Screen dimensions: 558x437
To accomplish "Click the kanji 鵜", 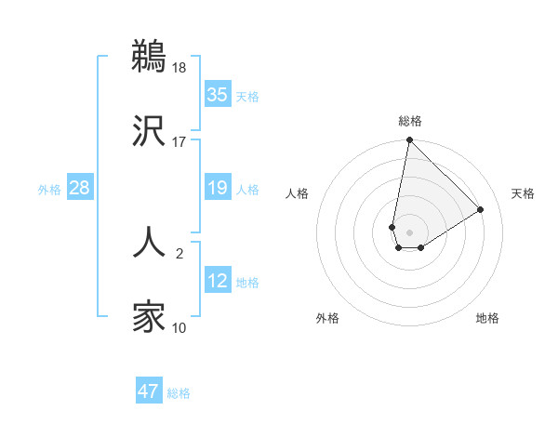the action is click(x=150, y=55).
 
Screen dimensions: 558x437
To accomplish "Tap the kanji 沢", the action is click(x=150, y=131).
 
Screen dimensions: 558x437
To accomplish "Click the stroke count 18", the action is click(x=179, y=67).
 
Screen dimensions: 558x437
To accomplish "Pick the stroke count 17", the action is click(x=179, y=142).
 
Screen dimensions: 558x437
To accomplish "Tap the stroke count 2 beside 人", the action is click(x=179, y=251).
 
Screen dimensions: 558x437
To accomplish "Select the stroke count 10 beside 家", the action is click(x=179, y=327).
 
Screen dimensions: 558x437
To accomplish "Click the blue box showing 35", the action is click(x=218, y=95).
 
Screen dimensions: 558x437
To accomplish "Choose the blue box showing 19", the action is click(x=218, y=189).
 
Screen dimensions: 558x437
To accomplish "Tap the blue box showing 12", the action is click(x=218, y=282).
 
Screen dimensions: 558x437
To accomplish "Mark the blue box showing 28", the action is click(x=80, y=189).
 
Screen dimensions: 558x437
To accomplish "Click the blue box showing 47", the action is click(x=149, y=391).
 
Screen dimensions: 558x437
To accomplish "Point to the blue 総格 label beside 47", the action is click(x=179, y=393).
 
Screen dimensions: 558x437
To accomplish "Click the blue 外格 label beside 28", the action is click(x=49, y=190).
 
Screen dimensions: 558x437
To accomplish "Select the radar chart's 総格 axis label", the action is click(x=410, y=121).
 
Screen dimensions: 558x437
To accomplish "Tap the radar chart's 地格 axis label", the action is click(x=487, y=318).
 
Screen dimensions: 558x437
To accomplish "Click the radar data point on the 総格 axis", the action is click(x=409, y=140).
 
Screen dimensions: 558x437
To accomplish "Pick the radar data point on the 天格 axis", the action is click(x=481, y=209).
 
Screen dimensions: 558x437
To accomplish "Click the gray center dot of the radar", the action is click(x=409, y=232).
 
